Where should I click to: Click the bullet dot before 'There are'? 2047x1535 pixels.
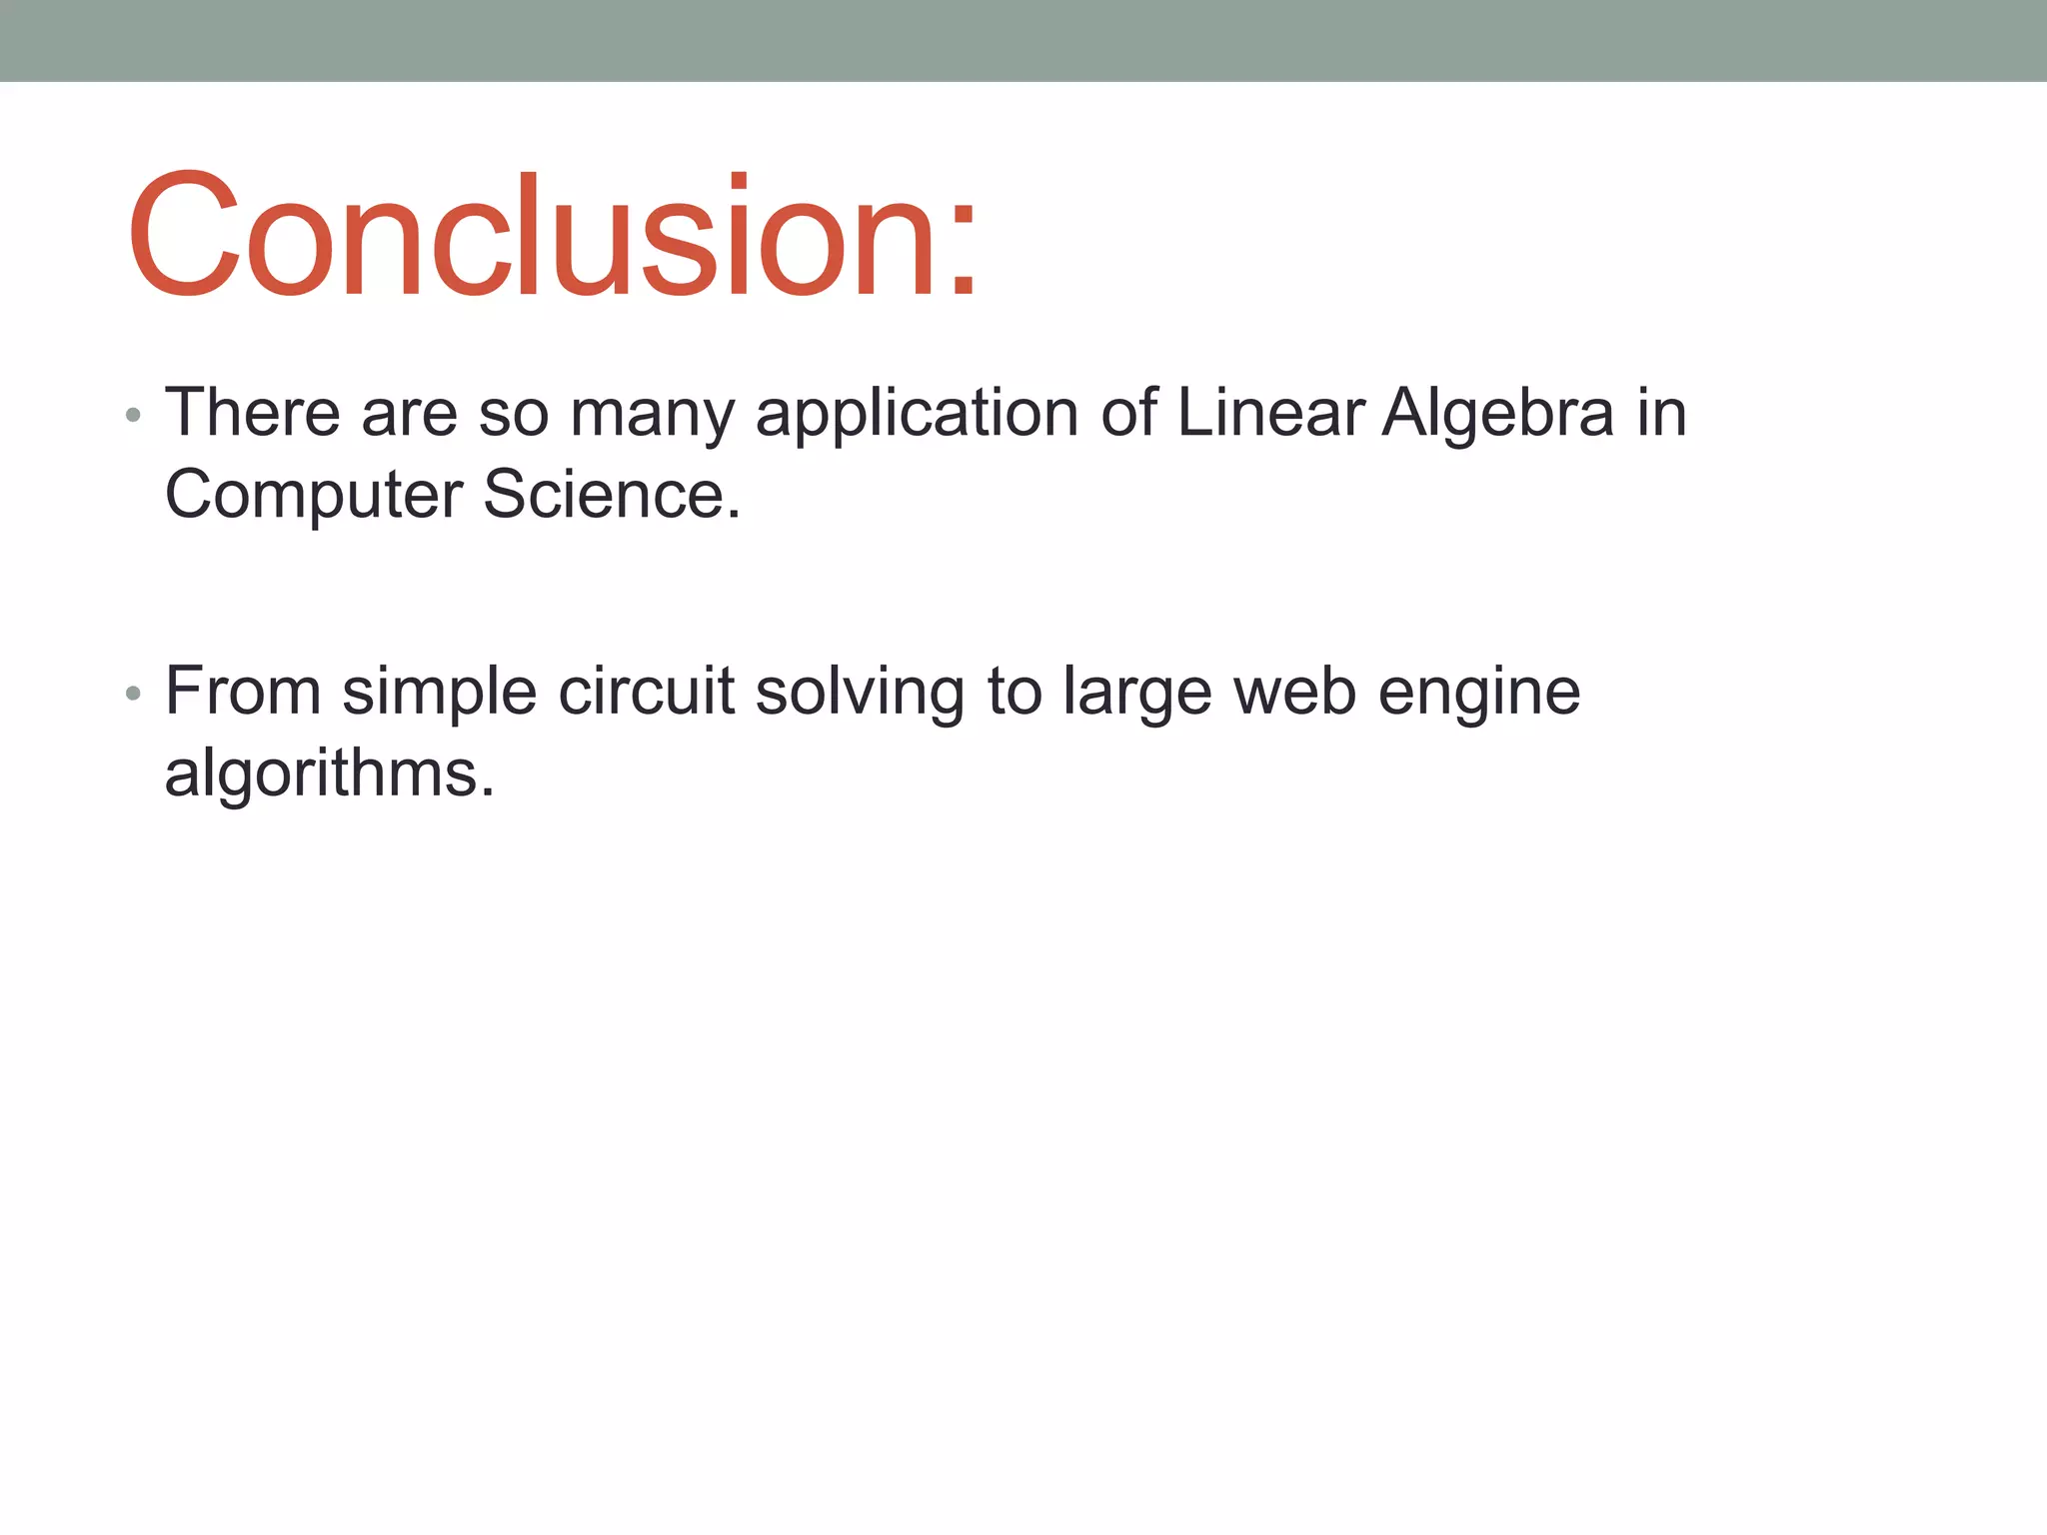click(x=133, y=415)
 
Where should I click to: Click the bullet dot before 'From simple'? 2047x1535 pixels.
click(x=133, y=694)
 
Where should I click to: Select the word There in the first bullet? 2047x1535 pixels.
click(x=252, y=412)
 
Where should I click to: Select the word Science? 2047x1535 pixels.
click(x=610, y=494)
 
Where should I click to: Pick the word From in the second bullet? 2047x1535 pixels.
click(x=243, y=691)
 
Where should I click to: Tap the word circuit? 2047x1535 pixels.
click(x=647, y=691)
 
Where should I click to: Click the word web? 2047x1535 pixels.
click(x=1294, y=691)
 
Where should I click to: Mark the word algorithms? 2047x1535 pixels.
click(x=329, y=774)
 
